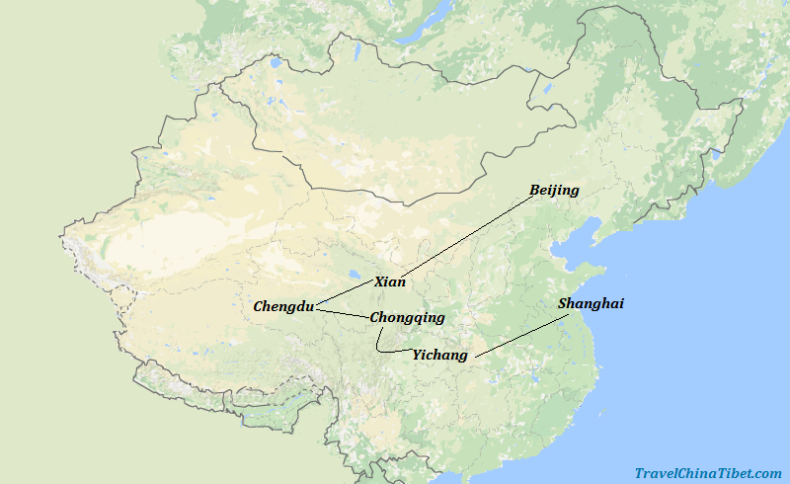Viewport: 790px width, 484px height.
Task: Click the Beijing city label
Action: (554, 190)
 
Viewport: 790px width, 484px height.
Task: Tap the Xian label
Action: (390, 282)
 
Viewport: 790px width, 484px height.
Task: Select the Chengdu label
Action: (283, 306)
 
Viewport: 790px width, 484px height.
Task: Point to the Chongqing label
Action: (407, 318)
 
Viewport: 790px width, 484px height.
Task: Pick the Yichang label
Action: (440, 355)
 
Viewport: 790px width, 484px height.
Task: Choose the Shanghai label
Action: (591, 304)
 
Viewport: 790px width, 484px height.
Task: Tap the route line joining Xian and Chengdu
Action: (346, 295)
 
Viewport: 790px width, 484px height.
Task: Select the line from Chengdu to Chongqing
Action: (342, 313)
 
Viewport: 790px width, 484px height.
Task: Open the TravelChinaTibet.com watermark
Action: (708, 473)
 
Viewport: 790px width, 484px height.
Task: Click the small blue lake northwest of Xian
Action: (354, 276)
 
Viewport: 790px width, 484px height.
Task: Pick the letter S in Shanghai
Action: (563, 304)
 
